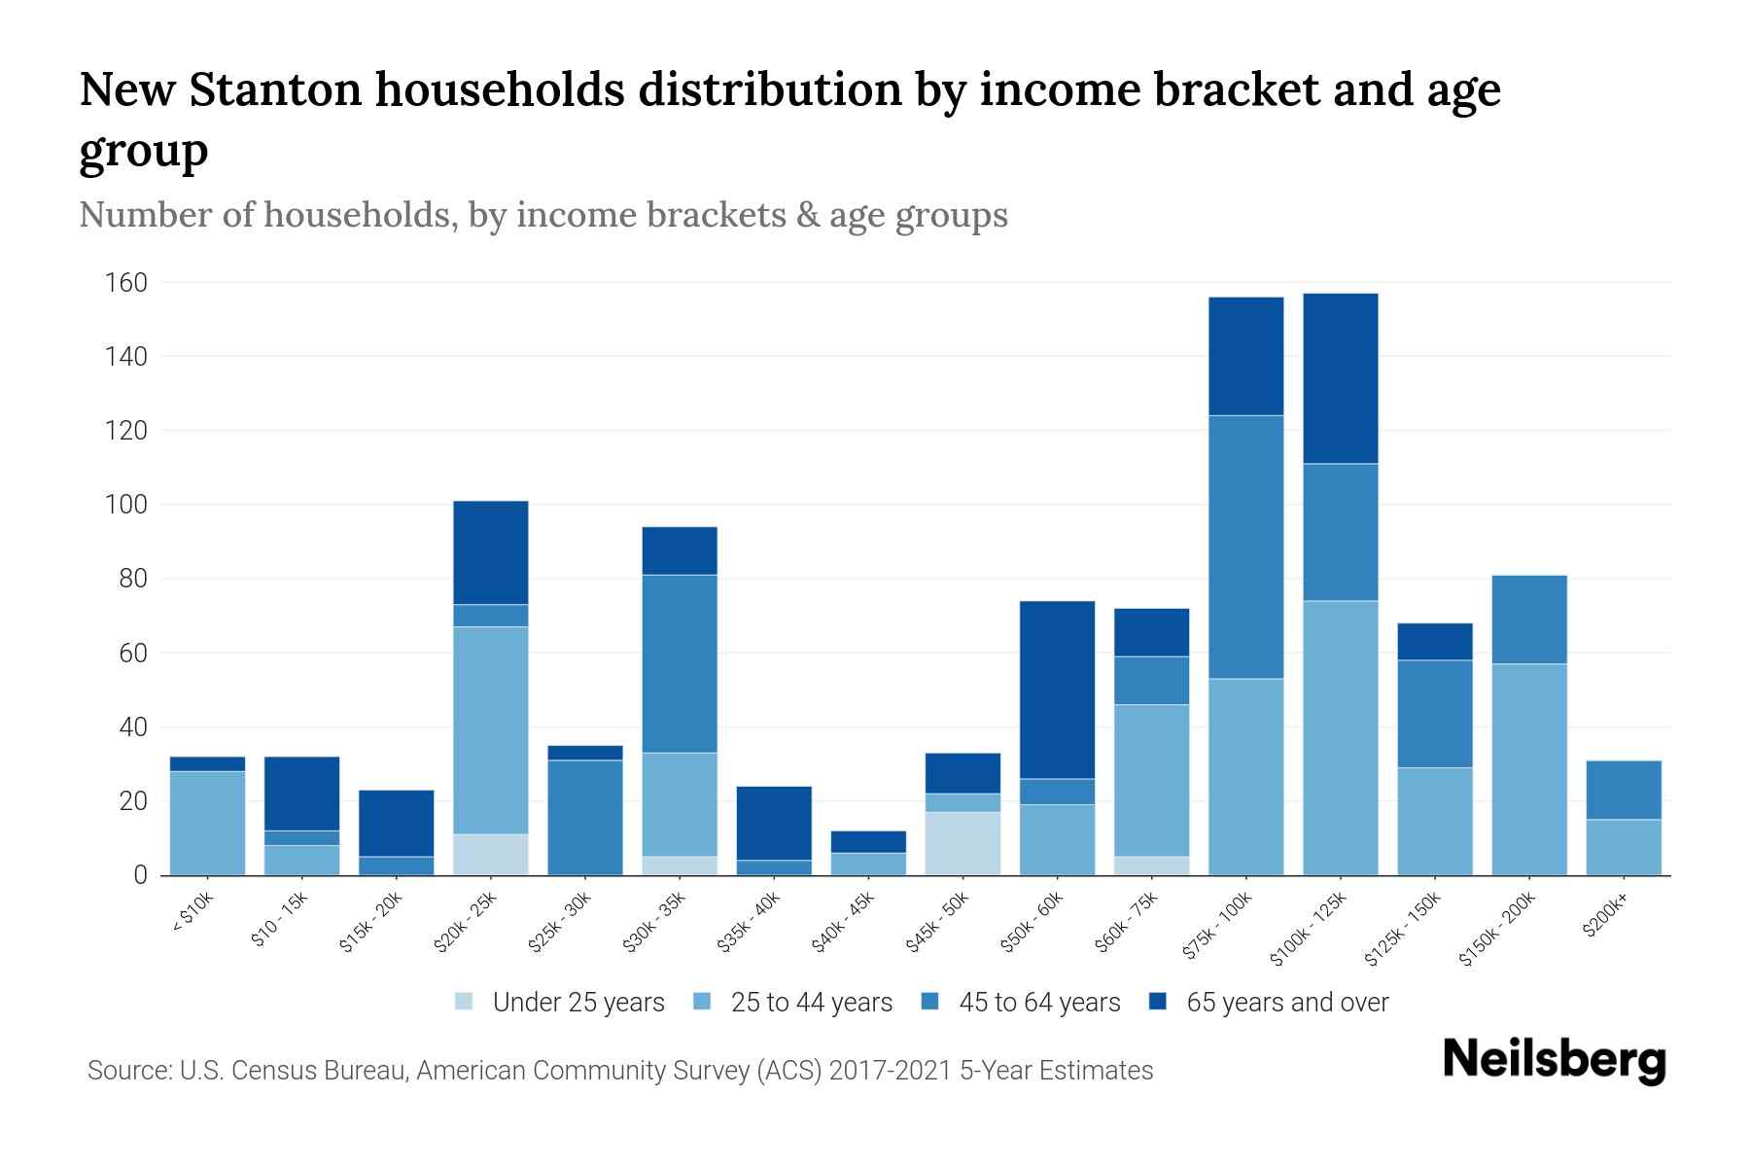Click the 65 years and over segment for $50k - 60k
pyautogui.click(x=1057, y=690)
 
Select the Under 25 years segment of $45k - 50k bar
pyautogui.click(x=962, y=843)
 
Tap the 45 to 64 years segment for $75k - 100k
pyautogui.click(x=1245, y=547)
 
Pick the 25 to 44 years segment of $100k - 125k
pyautogui.click(x=1340, y=737)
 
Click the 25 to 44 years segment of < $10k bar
pyautogui.click(x=207, y=823)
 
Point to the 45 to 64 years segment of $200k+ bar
pyautogui.click(x=1623, y=790)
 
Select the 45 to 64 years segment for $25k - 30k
pyautogui.click(x=584, y=817)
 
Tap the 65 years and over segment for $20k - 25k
pyautogui.click(x=490, y=552)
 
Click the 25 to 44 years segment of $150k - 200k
pyautogui.click(x=1528, y=769)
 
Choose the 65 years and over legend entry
pyautogui.click(x=1269, y=1002)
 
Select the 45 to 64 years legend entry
pyautogui.click(x=1021, y=1002)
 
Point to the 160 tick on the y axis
pyautogui.click(x=126, y=283)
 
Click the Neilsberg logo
pyautogui.click(x=1554, y=1060)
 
